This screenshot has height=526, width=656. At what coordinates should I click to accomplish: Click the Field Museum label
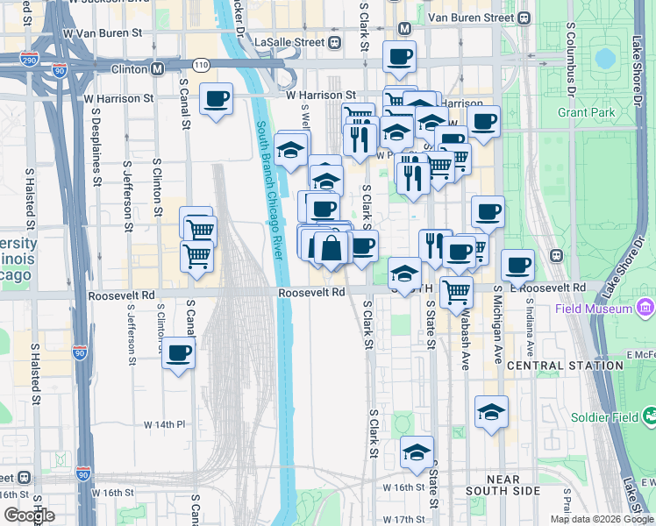pos(594,309)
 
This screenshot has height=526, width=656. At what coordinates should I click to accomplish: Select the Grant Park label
pos(586,113)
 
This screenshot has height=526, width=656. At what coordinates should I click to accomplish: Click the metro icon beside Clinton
pos(158,68)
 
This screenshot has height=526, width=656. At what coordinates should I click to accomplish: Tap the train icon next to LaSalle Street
pos(334,42)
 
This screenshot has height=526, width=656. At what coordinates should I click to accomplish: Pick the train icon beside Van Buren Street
pos(524,18)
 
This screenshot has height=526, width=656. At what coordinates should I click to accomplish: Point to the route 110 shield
pos(202,66)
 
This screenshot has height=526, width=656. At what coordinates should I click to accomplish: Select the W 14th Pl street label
pos(165,424)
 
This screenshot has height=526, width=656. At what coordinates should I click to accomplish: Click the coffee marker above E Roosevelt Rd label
pos(517,264)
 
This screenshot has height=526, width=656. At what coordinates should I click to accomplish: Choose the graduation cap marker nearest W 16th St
pos(417,451)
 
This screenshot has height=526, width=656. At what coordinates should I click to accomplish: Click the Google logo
pos(29,515)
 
